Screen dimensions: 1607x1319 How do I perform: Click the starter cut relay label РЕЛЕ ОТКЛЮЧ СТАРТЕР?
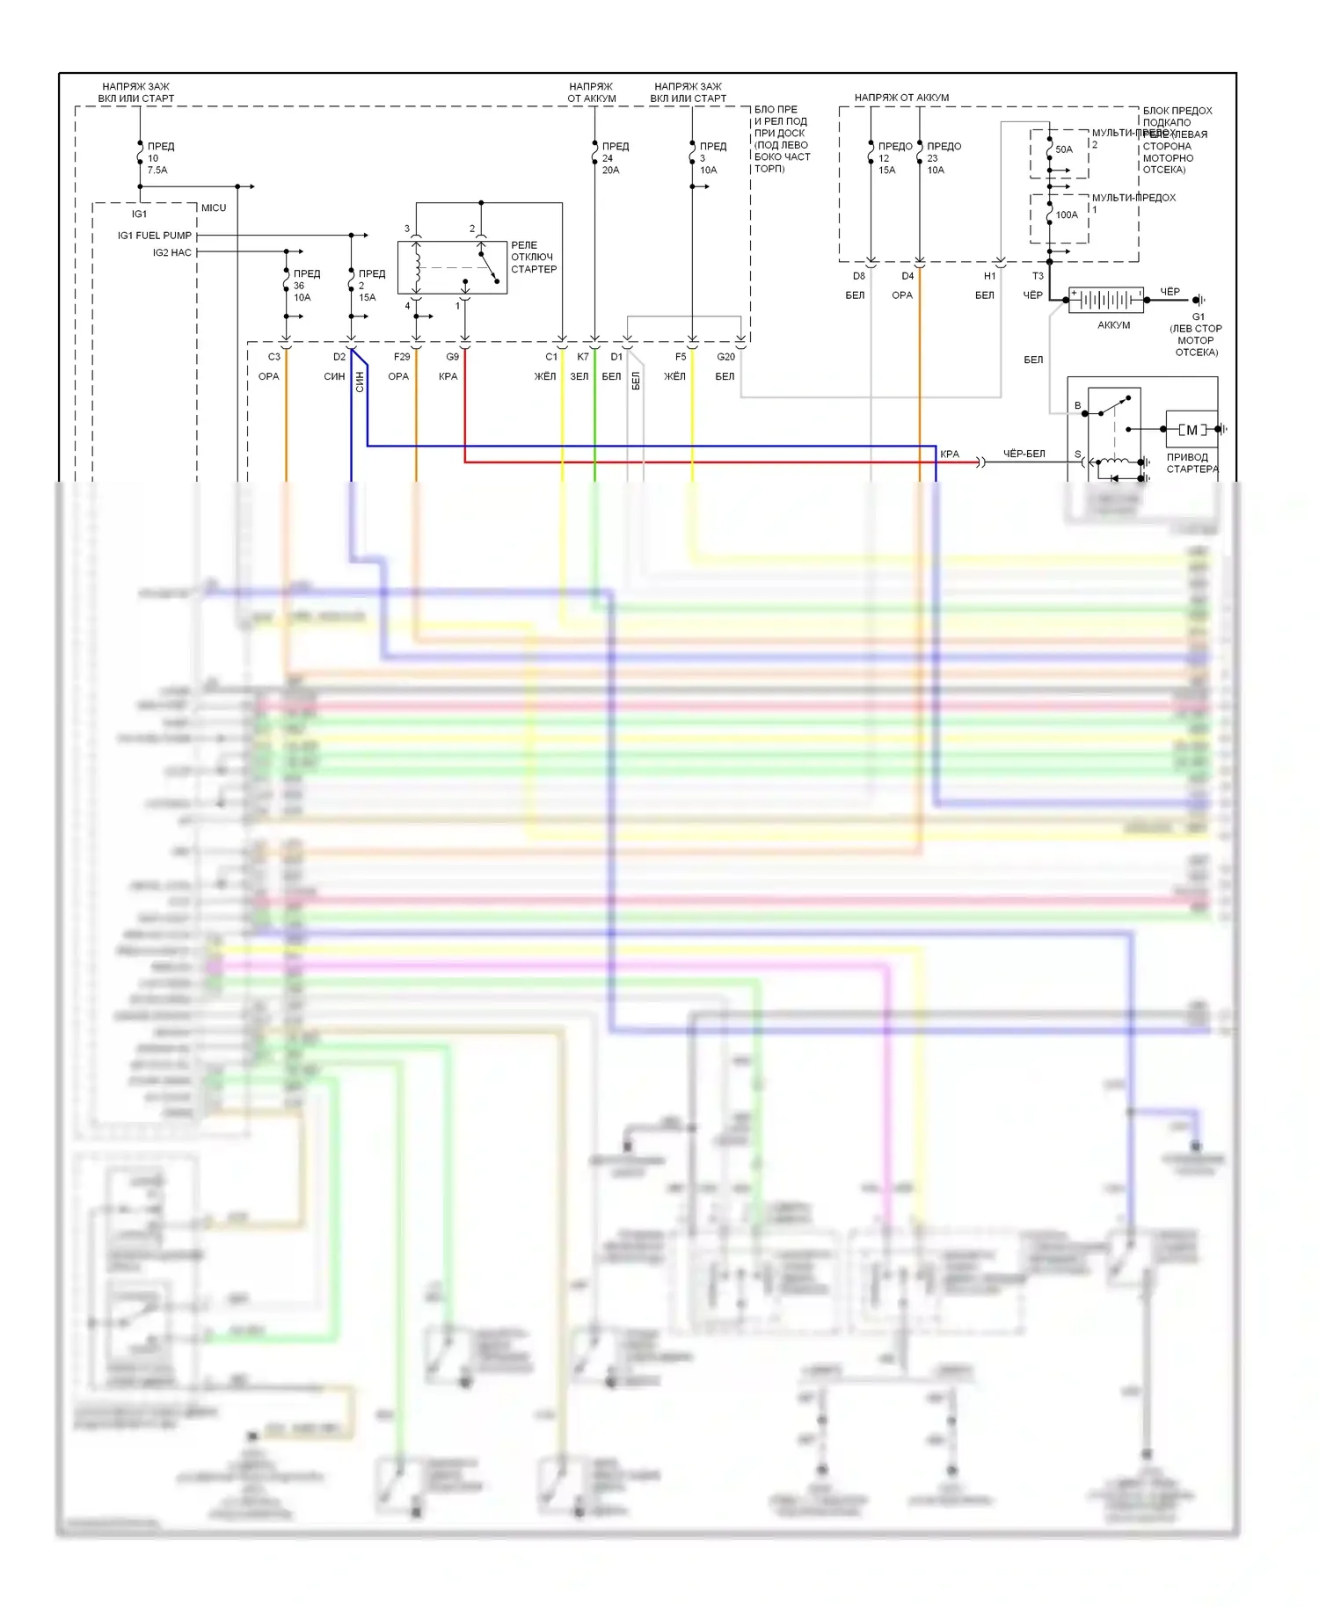pyautogui.click(x=534, y=258)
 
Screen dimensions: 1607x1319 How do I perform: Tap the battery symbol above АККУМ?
pyautogui.click(x=1106, y=300)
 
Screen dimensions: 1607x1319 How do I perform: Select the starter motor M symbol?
pyautogui.click(x=1191, y=430)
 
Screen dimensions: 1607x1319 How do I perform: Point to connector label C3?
pyautogui.click(x=274, y=357)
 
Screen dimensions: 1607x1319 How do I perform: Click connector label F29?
pyautogui.click(x=402, y=357)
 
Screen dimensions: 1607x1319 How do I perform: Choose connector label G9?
pyautogui.click(x=452, y=357)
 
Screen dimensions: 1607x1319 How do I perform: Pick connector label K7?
pyautogui.click(x=583, y=357)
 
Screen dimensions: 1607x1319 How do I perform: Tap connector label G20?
pyautogui.click(x=725, y=357)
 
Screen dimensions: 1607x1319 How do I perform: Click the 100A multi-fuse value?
pyautogui.click(x=1067, y=215)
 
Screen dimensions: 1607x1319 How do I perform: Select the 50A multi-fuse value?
pyautogui.click(x=1064, y=149)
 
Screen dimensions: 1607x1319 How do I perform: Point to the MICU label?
pyautogui.click(x=214, y=208)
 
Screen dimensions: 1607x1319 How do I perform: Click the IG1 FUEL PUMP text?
pyautogui.click(x=155, y=236)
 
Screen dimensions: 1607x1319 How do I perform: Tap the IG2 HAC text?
pyautogui.click(x=171, y=253)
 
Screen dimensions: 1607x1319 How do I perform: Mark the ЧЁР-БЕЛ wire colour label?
pyautogui.click(x=1024, y=454)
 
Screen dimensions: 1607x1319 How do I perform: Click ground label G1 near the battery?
pyautogui.click(x=1199, y=316)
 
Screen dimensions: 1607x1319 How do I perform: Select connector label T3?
pyautogui.click(x=1038, y=276)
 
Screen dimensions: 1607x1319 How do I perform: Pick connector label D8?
pyautogui.click(x=859, y=276)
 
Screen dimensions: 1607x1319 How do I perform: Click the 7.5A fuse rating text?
pyautogui.click(x=157, y=171)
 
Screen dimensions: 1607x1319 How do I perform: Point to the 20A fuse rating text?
pyautogui.click(x=610, y=171)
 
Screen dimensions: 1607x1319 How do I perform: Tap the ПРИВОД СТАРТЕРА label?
pyautogui.click(x=1191, y=463)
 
